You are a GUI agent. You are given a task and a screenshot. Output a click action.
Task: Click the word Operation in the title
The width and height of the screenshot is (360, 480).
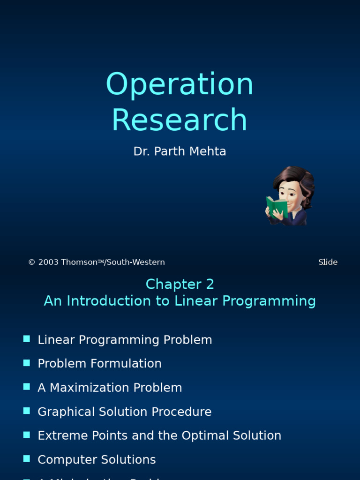click(x=180, y=84)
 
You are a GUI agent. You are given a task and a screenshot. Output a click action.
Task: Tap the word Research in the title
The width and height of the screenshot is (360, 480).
click(x=180, y=120)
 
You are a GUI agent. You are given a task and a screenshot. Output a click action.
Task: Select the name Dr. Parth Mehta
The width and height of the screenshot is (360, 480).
click(x=180, y=151)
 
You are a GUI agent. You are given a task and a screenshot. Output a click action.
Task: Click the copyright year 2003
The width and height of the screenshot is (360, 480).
click(x=48, y=262)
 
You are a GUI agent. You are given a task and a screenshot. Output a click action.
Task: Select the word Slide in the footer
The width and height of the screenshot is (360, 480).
click(x=328, y=262)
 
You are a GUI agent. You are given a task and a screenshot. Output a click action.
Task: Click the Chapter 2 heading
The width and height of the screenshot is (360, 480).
click(x=180, y=284)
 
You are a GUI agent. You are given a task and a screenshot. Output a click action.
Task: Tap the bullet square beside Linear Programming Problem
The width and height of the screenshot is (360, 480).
click(x=27, y=339)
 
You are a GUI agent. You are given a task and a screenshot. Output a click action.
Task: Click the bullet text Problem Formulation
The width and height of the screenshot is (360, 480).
click(x=99, y=364)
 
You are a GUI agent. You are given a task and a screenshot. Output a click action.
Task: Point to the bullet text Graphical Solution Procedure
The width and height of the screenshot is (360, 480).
click(x=124, y=412)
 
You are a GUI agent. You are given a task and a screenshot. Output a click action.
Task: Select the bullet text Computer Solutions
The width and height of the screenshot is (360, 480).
click(x=97, y=459)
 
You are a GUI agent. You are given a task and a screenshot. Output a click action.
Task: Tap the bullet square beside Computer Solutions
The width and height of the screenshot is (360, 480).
click(x=27, y=458)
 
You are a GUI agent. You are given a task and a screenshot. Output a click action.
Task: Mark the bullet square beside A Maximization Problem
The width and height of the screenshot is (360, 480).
click(x=27, y=387)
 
